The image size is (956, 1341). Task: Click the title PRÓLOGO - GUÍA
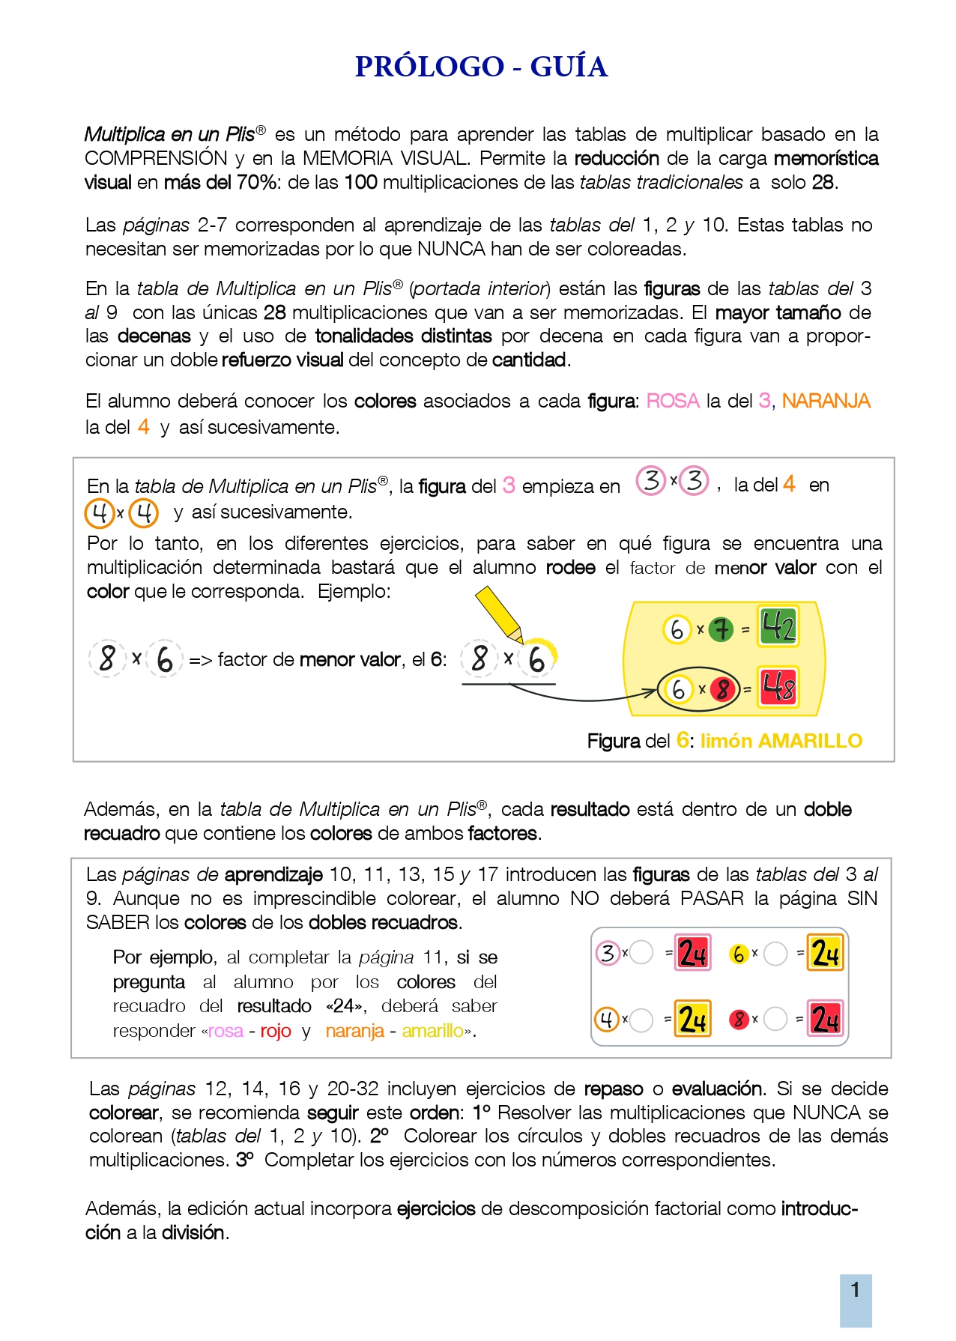(480, 67)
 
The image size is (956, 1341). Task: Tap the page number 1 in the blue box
(855, 1290)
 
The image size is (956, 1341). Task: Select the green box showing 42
(778, 626)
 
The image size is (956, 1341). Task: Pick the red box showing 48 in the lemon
(778, 687)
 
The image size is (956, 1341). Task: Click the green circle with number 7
(721, 629)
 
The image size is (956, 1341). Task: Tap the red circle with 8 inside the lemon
(721, 688)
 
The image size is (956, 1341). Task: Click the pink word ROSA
(672, 402)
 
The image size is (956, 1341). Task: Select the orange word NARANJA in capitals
(826, 402)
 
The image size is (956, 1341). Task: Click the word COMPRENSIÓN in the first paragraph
(156, 159)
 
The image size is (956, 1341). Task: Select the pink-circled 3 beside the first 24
(608, 954)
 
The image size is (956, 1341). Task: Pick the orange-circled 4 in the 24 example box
(607, 1020)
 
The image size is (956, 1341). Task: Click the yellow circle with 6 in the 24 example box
(739, 954)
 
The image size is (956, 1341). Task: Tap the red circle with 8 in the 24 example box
(739, 1020)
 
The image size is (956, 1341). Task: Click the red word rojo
(276, 1032)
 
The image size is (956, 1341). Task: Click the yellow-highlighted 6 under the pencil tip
(537, 659)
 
